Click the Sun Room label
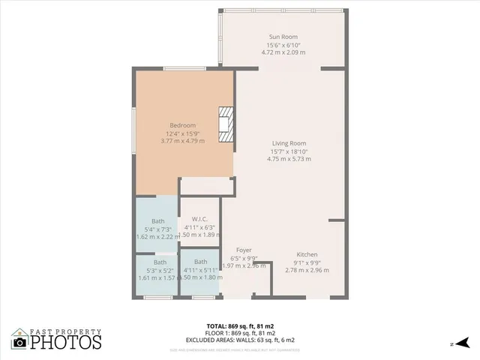click(x=283, y=37)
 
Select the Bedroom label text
click(x=182, y=125)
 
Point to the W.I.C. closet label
click(x=199, y=220)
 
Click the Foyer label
click(x=244, y=250)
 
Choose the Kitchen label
click(x=307, y=254)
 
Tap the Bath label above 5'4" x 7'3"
click(x=157, y=220)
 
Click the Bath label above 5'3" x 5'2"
click(x=160, y=262)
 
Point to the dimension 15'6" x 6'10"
click(x=283, y=45)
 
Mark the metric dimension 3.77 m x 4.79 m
click(x=182, y=141)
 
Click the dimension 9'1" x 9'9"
click(x=307, y=262)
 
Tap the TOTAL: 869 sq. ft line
click(x=240, y=326)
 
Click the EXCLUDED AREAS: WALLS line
click(x=240, y=339)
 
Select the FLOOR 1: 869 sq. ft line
click(x=240, y=333)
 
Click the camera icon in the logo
click(x=20, y=343)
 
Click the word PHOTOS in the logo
click(x=65, y=343)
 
